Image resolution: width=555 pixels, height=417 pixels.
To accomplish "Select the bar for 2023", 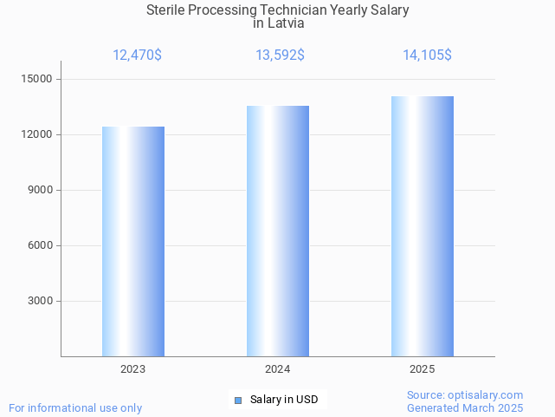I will coord(133,241).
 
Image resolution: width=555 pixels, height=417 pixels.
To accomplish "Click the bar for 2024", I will coord(278,231).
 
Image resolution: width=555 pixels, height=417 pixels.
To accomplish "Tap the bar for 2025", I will coord(423,226).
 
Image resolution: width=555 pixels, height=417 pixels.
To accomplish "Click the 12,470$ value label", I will coord(137,55).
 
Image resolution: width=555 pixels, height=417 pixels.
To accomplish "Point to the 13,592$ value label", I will coord(280,55).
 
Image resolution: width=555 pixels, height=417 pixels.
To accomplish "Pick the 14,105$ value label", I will coord(427,55).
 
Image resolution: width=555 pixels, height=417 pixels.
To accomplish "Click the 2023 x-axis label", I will coord(133,369).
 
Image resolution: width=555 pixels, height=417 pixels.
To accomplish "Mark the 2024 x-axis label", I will coord(278,369).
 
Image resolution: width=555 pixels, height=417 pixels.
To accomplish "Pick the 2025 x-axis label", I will coord(423,369).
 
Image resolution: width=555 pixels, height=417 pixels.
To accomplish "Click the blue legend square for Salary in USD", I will coord(238,400).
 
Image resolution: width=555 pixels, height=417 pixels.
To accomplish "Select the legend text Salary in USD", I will coord(284,400).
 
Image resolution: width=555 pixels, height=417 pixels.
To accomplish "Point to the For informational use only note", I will coord(75,407).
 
